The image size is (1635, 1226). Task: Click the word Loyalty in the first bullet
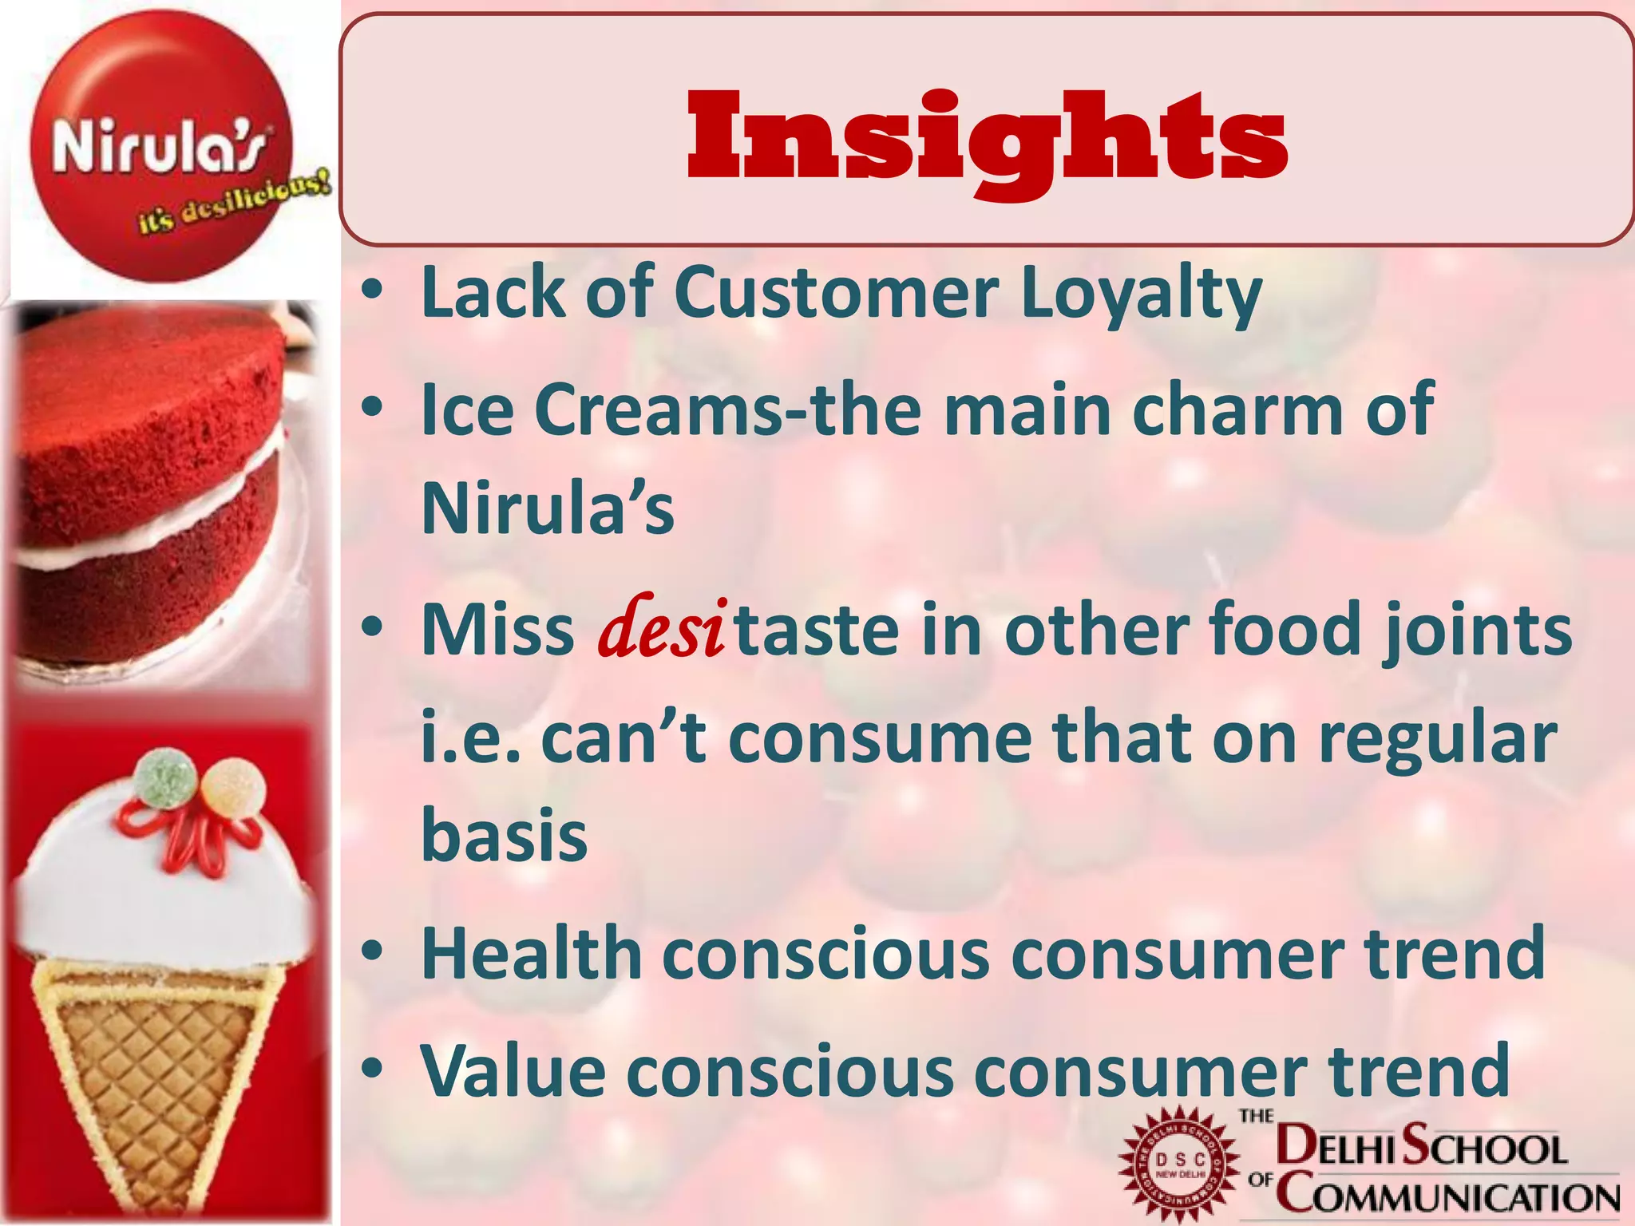click(x=1142, y=294)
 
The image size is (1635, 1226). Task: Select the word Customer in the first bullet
click(x=836, y=292)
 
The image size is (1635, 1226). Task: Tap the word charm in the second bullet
click(x=1237, y=409)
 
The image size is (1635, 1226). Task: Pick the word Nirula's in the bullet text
click(x=548, y=508)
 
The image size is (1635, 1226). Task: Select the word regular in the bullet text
click(x=1437, y=738)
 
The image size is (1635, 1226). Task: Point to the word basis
click(x=505, y=835)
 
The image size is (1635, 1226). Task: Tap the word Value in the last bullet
click(x=513, y=1070)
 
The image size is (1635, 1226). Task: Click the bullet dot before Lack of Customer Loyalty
click(x=371, y=292)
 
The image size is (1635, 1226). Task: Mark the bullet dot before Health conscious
click(x=371, y=952)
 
